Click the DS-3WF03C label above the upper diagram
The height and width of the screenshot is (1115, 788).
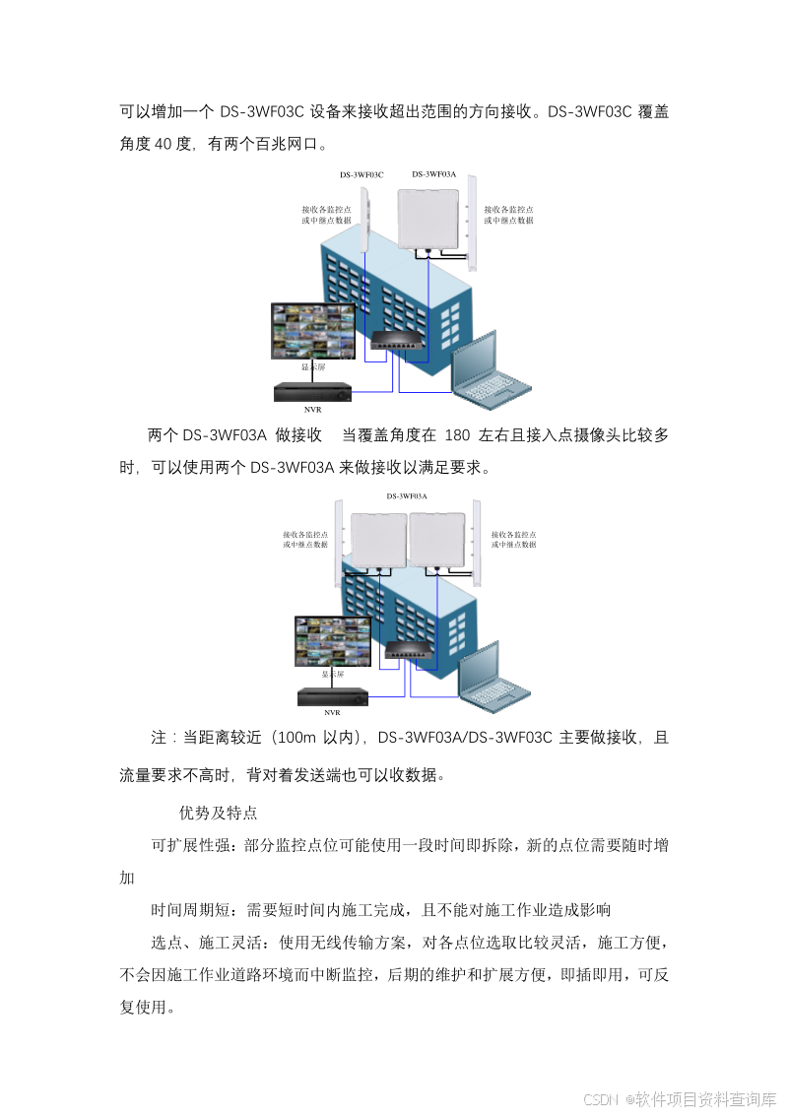pos(361,174)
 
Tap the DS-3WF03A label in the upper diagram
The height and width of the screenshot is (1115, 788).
pos(433,173)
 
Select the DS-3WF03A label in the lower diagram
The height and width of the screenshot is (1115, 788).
pos(407,496)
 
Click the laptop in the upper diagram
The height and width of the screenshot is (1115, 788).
pos(489,371)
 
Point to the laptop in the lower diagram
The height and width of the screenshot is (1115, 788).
pos(494,680)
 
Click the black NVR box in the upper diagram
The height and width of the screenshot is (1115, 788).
pos(312,391)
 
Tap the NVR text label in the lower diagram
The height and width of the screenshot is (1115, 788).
pos(333,712)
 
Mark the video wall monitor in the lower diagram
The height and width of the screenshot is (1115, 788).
pos(333,641)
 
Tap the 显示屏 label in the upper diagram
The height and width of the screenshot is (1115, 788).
pos(312,365)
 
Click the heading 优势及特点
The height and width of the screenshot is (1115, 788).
pos(219,814)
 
